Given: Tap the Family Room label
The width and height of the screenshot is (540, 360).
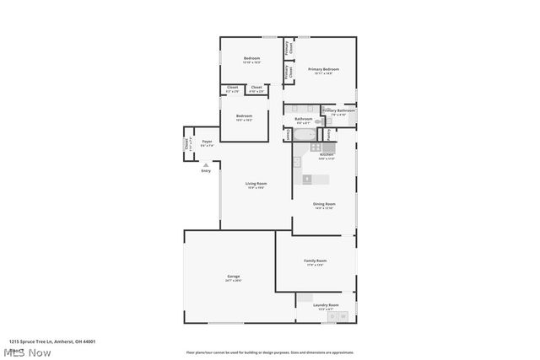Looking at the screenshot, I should tap(316, 261).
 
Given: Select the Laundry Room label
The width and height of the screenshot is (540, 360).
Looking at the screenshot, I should tap(326, 304).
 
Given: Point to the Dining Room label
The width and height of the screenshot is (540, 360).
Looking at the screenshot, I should tap(325, 204).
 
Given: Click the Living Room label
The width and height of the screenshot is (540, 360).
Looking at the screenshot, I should tap(256, 184).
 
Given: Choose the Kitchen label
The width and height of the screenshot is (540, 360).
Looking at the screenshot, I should tap(327, 155).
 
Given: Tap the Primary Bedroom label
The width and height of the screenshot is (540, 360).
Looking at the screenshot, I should tap(324, 69).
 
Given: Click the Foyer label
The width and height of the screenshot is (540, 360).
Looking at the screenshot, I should tap(207, 142).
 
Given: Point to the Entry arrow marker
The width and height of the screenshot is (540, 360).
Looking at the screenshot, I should tap(206, 164).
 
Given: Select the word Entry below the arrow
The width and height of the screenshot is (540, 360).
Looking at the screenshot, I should tap(206, 171).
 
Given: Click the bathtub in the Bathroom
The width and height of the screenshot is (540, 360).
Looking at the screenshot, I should tap(304, 134).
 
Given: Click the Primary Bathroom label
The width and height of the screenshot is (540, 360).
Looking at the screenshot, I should tap(339, 110).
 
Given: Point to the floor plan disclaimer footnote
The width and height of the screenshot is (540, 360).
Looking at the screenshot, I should tap(270, 352).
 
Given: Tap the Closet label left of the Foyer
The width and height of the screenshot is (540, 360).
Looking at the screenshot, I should tap(187, 143).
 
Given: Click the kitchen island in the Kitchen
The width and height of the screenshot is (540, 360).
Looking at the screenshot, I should tap(308, 179).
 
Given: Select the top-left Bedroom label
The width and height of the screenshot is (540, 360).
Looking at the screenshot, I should tap(251, 57).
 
